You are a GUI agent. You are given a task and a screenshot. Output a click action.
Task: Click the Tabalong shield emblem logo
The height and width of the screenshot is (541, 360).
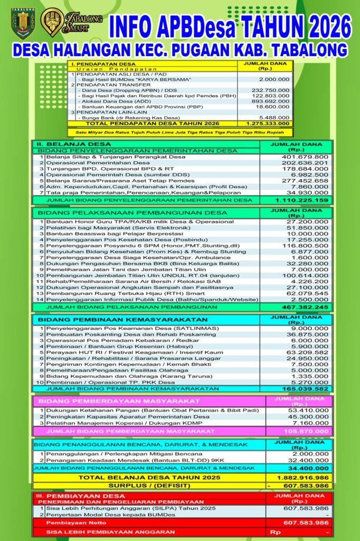(23, 22)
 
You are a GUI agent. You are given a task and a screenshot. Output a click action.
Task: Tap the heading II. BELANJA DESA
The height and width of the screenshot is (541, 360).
(73, 144)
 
